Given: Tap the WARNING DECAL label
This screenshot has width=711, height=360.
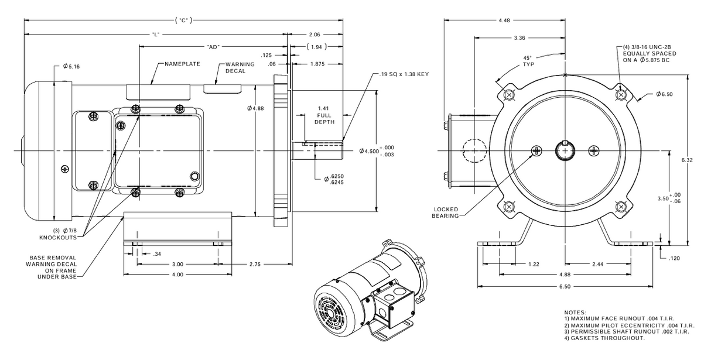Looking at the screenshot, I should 240,68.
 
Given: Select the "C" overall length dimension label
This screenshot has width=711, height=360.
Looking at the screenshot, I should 183,20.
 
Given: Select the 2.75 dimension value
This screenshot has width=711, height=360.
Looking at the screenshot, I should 255,265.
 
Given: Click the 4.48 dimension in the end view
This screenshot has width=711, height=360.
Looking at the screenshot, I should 503,21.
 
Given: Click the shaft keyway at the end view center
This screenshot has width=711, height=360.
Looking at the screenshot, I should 565,145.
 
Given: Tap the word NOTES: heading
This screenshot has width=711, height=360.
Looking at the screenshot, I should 576,313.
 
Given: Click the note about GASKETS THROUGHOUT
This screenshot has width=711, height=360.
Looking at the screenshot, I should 604,338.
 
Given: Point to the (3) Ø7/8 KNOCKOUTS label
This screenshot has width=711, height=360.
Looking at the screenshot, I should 59,235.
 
